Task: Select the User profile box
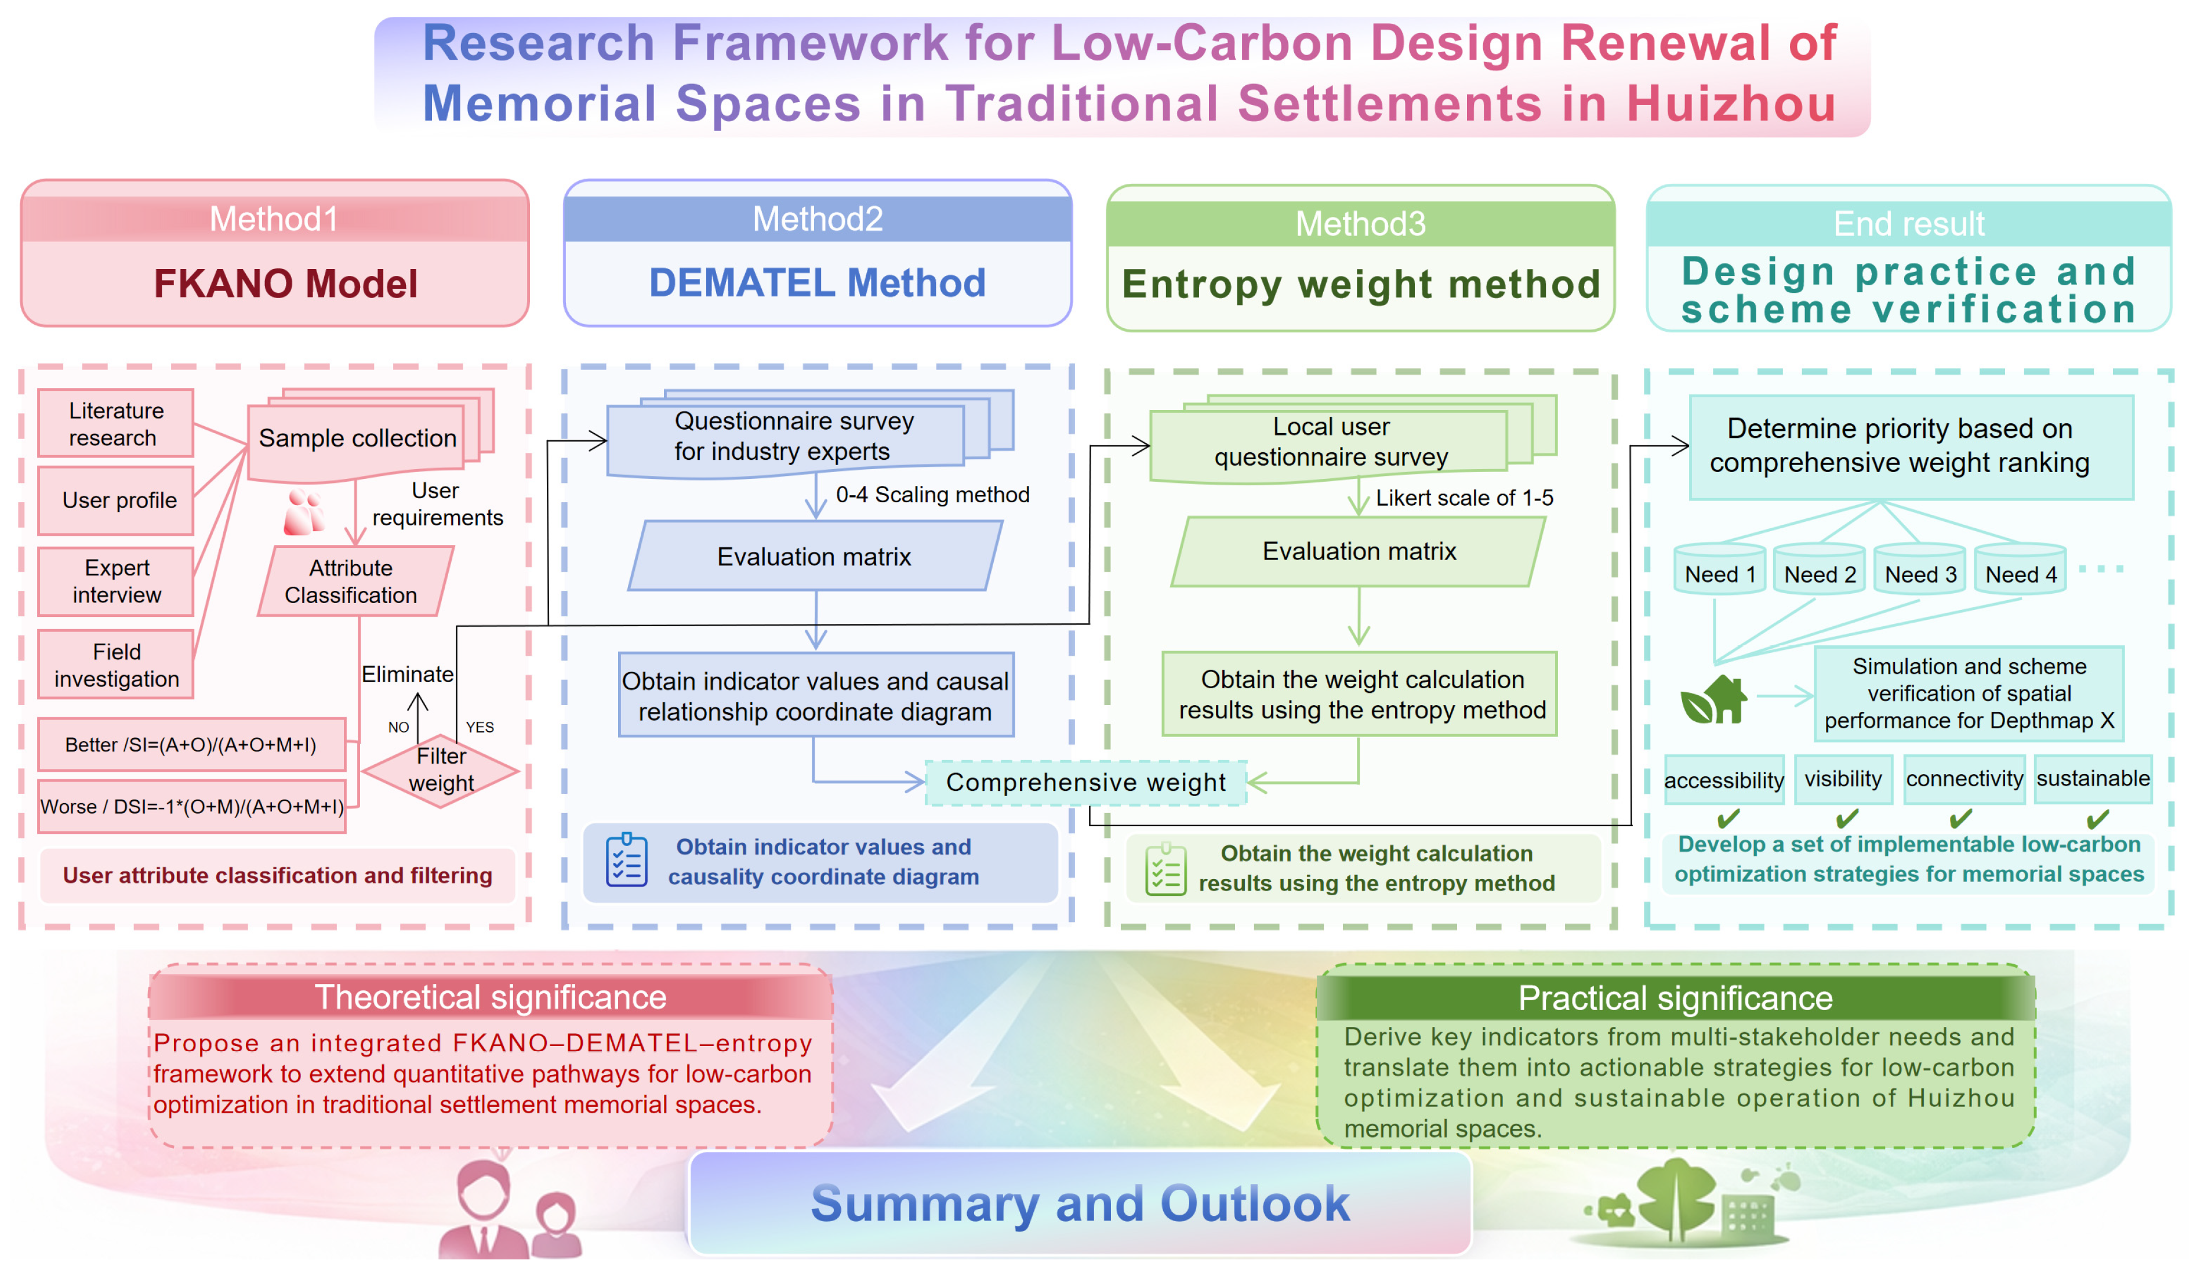(x=116, y=500)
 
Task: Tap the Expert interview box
(x=116, y=582)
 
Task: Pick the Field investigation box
(x=116, y=665)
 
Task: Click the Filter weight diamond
(x=441, y=770)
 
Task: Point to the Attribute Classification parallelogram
(x=355, y=582)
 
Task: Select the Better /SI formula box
(x=192, y=745)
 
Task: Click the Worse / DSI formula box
(x=192, y=807)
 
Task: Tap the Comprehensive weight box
(x=1085, y=782)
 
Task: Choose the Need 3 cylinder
(x=1920, y=569)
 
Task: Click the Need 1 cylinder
(x=1719, y=569)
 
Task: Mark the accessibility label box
(x=1724, y=779)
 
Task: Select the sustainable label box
(x=2093, y=779)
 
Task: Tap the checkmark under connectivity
(x=1962, y=819)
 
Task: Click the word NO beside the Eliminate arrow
(x=398, y=727)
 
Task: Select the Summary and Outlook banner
(x=1080, y=1203)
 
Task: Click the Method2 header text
(x=818, y=219)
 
